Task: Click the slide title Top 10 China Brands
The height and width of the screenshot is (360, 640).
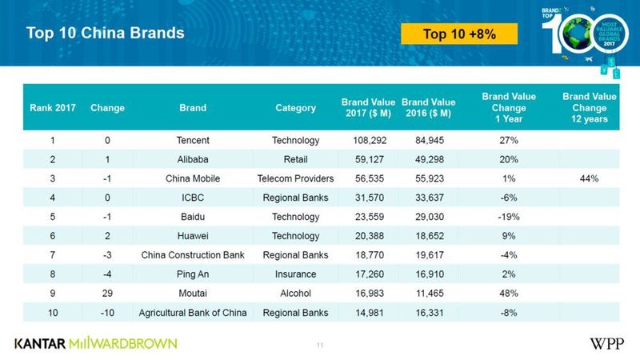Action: click(106, 34)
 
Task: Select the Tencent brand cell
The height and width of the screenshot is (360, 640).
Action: click(192, 141)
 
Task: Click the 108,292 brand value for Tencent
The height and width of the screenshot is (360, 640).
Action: click(364, 141)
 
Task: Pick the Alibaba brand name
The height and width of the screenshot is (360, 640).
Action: click(192, 159)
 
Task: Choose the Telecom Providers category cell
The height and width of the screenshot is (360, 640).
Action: click(295, 178)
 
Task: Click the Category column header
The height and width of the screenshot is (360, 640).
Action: click(295, 108)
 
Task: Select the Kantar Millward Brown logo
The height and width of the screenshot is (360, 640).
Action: click(96, 343)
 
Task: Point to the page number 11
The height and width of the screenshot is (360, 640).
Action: click(319, 345)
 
